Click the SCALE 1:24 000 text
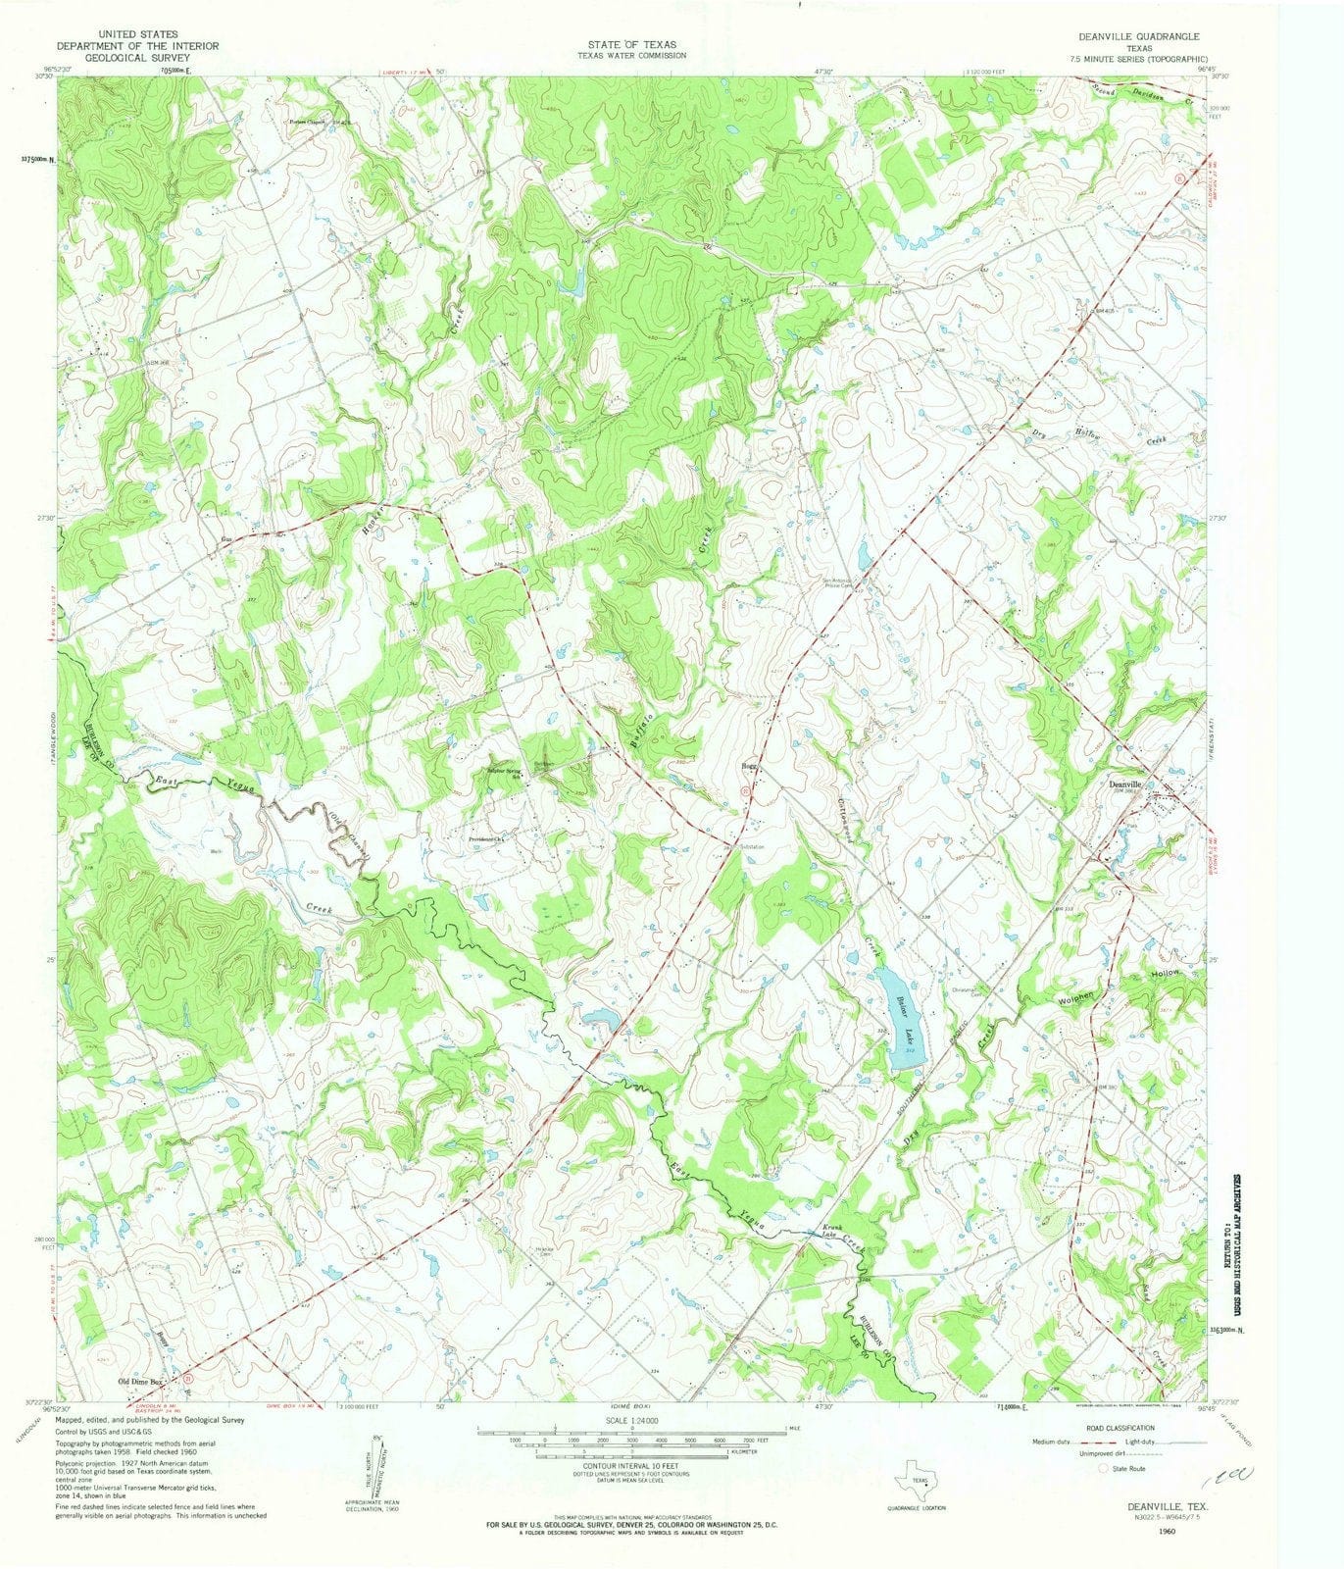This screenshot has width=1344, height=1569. click(x=632, y=1420)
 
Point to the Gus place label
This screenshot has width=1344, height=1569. click(x=227, y=539)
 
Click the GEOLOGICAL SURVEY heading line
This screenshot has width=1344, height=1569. click(x=136, y=58)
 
